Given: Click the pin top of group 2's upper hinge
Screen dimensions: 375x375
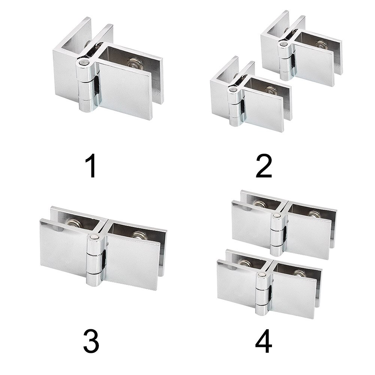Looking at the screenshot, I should (x=284, y=44).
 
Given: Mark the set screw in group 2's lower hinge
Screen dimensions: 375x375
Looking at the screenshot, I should (x=269, y=90).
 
